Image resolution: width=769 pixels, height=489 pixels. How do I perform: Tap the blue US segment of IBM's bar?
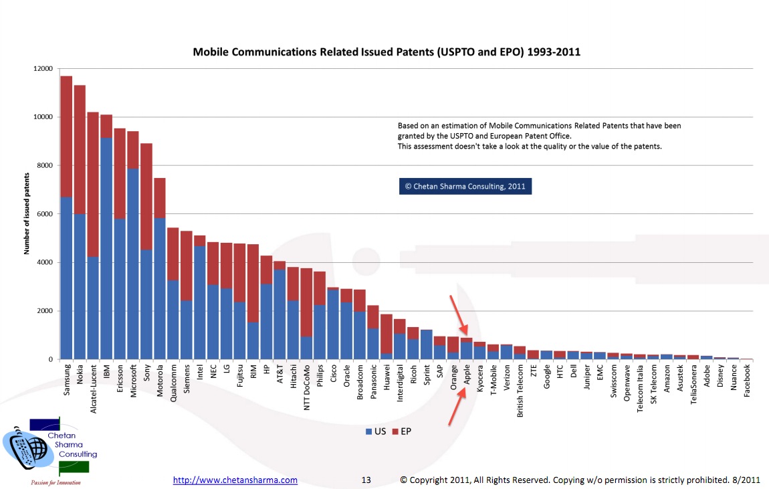pos(106,248)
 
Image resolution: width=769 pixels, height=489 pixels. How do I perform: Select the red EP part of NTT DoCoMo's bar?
pos(306,302)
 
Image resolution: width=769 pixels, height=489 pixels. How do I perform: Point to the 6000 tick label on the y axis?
pos(45,214)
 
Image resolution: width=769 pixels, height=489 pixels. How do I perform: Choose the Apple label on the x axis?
pos(467,374)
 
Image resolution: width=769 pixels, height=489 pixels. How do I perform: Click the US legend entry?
pos(376,431)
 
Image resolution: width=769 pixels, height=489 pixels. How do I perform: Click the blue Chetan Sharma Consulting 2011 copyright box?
pos(465,187)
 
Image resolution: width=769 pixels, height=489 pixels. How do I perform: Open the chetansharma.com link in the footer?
pos(235,480)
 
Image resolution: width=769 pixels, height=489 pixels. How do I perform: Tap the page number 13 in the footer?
pos(366,480)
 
